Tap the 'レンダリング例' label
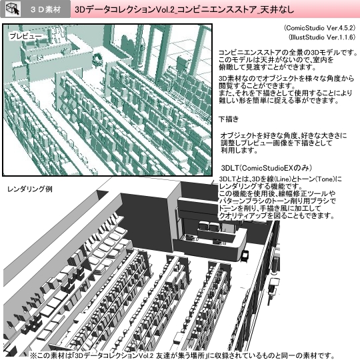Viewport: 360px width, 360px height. (30, 189)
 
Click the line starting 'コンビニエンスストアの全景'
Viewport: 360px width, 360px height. (283, 52)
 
